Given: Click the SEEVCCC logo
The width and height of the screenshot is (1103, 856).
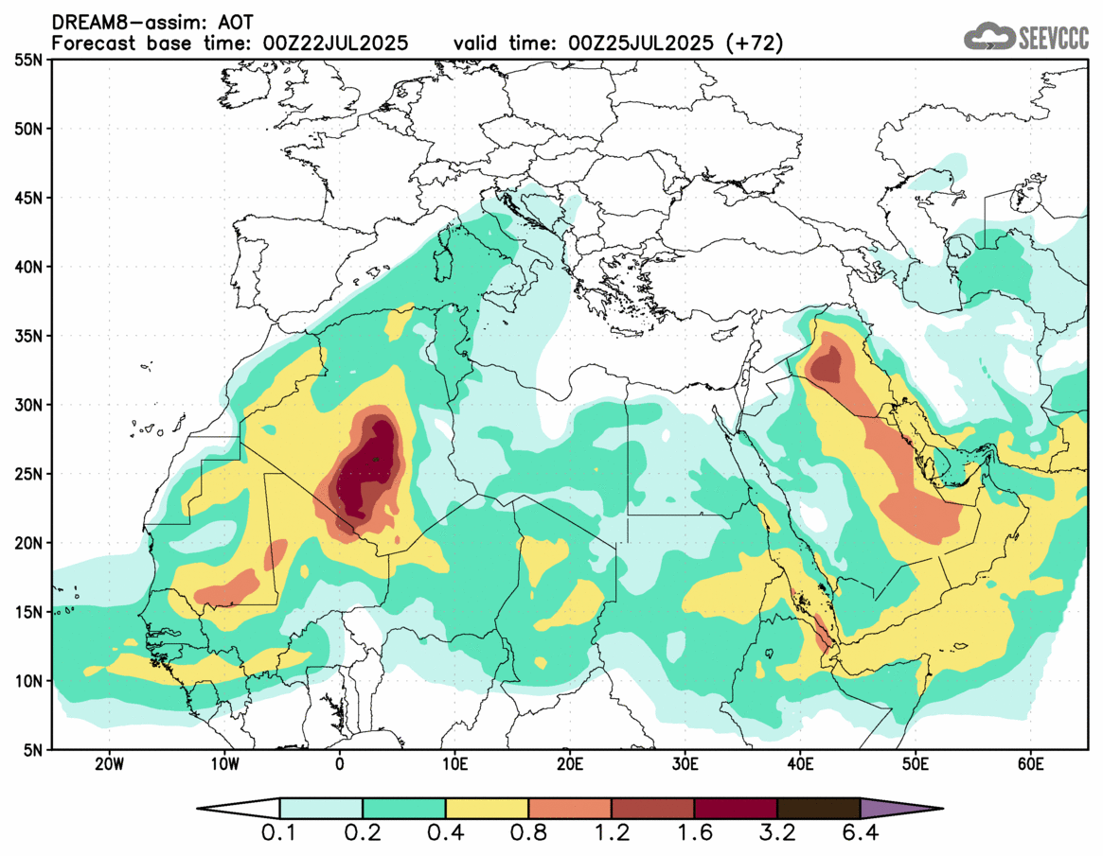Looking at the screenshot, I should click(1026, 38).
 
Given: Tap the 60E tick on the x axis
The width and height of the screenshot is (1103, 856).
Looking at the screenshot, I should click(1030, 763).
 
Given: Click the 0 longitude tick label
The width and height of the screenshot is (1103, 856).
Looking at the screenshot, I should click(340, 763).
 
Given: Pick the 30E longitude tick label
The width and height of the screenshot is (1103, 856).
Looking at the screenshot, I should click(685, 763).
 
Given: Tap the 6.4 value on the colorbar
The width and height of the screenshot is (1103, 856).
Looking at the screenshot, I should click(860, 834).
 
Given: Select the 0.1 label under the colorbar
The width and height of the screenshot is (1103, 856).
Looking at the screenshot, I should click(280, 834).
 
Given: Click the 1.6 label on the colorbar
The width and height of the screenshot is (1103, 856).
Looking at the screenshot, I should click(694, 834).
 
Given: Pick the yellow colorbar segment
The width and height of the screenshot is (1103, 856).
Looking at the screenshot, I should click(487, 809).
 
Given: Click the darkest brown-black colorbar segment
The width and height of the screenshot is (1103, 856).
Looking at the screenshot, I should click(818, 809).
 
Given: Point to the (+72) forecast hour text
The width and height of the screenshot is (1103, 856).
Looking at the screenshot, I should click(752, 44).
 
